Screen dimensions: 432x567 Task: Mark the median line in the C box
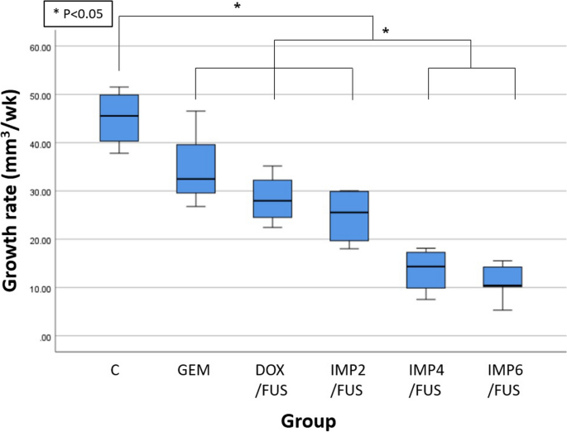point(119,116)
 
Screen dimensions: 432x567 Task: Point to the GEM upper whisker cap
point(195,111)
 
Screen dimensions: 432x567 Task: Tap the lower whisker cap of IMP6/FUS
point(502,310)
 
